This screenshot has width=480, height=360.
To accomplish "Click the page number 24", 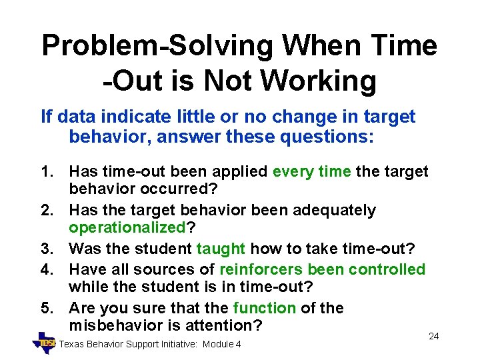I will [x=433, y=336].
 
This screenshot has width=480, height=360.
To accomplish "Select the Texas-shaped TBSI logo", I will [x=45, y=342].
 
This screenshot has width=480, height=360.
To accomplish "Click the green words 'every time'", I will [x=311, y=172].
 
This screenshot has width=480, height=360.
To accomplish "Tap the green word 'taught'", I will [x=221, y=249].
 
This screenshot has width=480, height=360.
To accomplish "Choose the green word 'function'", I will [x=264, y=308].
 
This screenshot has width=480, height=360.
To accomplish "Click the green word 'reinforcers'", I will [x=261, y=269].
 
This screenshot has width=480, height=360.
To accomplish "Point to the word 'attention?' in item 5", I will [x=225, y=326].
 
